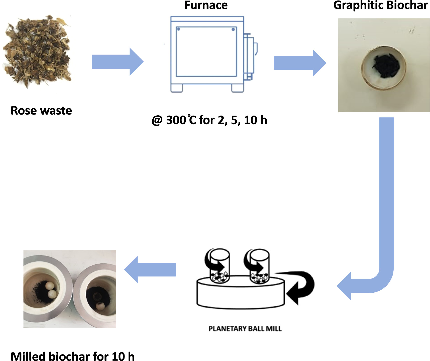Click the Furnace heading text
click(x=206, y=5)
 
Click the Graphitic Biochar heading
click(x=380, y=5)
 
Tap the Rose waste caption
click(x=41, y=111)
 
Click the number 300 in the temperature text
click(x=176, y=120)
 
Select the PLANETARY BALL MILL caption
click(x=245, y=328)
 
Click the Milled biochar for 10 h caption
click(x=73, y=356)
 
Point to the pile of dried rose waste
click(x=38, y=51)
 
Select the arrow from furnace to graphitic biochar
click(x=300, y=63)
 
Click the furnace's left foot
click(x=176, y=88)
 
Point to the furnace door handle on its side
click(x=256, y=49)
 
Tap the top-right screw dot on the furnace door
click(x=233, y=30)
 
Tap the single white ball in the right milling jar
click(x=100, y=306)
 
